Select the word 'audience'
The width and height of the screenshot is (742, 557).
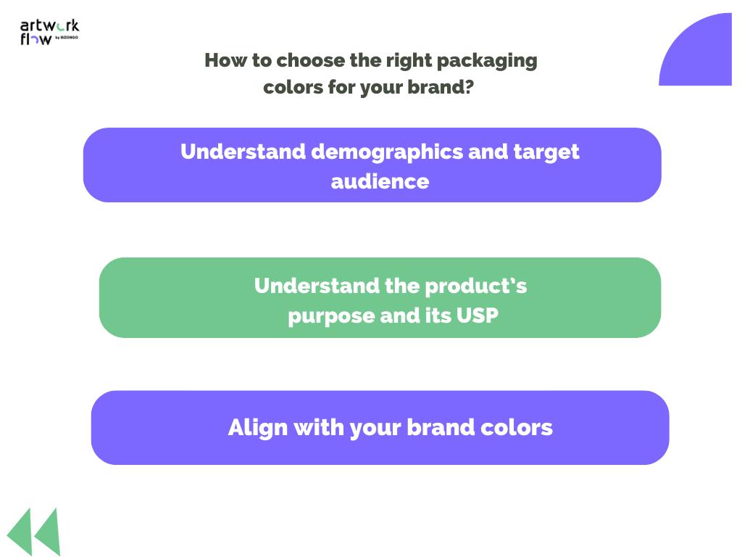click(x=380, y=181)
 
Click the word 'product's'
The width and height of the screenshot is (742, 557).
click(x=476, y=286)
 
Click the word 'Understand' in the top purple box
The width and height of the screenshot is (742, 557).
click(x=242, y=152)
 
